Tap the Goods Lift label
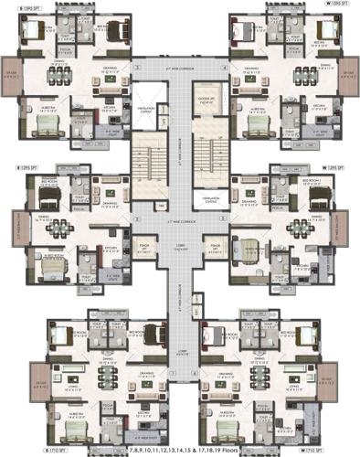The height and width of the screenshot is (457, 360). tap(206, 100)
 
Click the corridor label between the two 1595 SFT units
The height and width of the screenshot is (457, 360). tap(180, 67)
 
